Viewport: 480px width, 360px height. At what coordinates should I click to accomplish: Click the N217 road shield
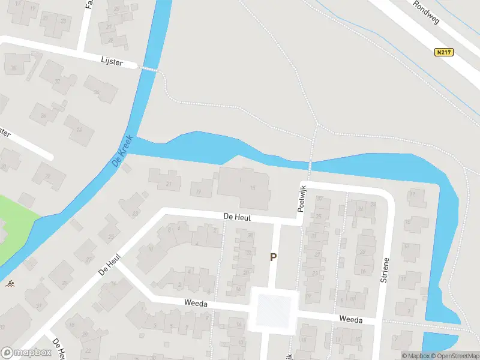444,52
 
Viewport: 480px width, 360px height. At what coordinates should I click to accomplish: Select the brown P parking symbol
273,257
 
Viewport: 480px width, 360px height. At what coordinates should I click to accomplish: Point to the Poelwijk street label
302,198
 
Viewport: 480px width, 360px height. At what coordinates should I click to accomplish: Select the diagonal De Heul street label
110,265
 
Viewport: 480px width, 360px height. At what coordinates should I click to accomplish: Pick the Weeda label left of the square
196,304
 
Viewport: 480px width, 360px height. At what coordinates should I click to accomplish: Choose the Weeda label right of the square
350,320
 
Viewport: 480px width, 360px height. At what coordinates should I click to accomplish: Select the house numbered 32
57,82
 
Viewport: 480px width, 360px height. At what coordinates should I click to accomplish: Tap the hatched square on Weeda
274,310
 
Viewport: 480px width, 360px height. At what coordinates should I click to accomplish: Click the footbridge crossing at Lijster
150,69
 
